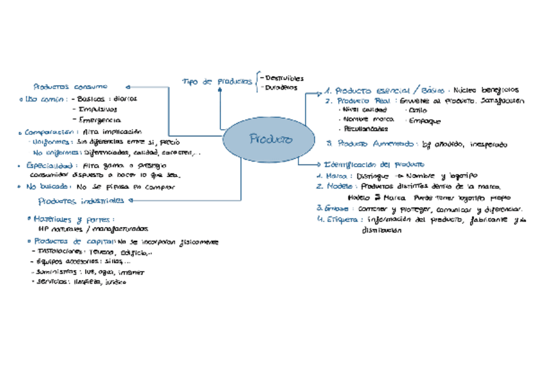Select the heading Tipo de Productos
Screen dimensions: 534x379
[217, 82]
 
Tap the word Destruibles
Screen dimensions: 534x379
[285, 78]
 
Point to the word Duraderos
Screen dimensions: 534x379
[281, 88]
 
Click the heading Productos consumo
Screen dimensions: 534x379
[70, 86]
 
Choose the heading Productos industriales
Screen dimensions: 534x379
[81, 201]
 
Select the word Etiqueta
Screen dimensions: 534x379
[344, 219]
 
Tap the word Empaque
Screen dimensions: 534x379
[425, 120]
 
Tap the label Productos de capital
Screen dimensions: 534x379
[74, 242]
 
